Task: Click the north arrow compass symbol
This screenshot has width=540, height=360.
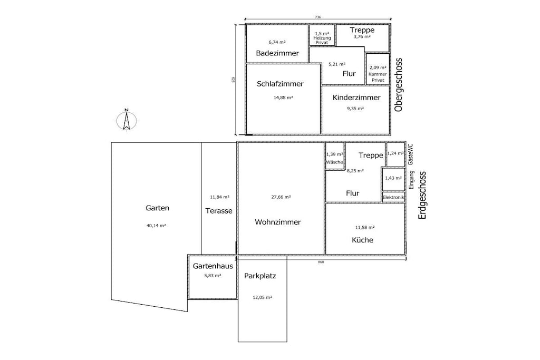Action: coord(127,121)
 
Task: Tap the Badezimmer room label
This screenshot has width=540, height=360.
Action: coord(277,53)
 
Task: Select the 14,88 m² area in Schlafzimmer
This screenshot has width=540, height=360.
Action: coord(283,98)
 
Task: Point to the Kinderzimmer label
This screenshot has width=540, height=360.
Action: coord(356,98)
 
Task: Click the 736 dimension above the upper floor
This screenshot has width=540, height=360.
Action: coord(318,17)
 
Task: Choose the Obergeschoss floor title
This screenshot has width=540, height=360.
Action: coord(399,85)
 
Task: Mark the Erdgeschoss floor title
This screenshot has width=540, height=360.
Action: coord(422,195)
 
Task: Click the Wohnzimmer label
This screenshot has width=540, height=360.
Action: coord(277,222)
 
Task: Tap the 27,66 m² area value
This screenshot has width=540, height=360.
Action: coord(281,197)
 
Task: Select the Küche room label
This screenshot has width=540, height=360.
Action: coord(362,240)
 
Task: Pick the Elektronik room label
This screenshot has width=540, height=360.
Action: coord(393,197)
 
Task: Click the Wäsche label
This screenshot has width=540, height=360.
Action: coord(334,162)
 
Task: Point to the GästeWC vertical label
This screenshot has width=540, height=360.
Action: coord(410,154)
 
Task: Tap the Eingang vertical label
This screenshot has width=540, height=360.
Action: coord(411,180)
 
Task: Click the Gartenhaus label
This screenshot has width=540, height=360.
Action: coord(213,266)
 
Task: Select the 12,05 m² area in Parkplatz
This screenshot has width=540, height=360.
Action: coord(263,297)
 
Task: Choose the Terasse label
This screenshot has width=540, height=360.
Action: coord(219,211)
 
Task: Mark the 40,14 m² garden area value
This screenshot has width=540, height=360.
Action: coord(156,226)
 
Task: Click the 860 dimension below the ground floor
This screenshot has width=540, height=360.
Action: coord(321,262)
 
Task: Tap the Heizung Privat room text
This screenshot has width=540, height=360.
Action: coord(322,40)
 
